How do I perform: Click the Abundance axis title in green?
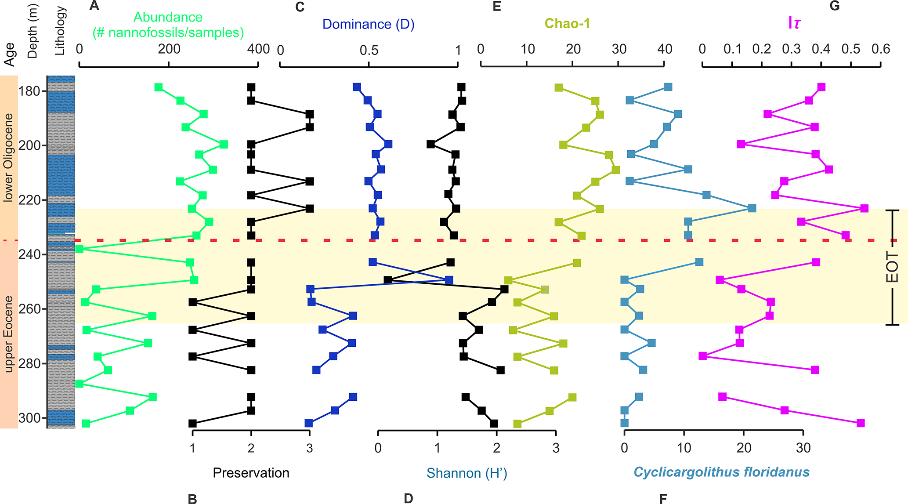click(x=168, y=25)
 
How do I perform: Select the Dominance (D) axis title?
click(x=368, y=24)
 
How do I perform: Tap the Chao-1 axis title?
click(x=567, y=23)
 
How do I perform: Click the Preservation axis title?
click(x=251, y=473)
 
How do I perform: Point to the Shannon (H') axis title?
click(x=467, y=473)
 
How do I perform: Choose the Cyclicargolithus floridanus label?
click(x=721, y=472)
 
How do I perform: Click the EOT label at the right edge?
click(x=892, y=267)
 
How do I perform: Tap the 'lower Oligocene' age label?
click(x=8, y=158)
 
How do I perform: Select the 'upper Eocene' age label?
click(x=8, y=334)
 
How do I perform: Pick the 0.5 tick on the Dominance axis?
click(x=369, y=51)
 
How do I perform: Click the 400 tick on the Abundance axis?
click(x=258, y=49)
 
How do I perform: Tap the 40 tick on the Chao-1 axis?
click(x=664, y=49)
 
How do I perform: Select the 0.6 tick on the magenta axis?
click(x=881, y=49)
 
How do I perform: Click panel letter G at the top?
click(x=835, y=6)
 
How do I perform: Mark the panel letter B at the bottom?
click(x=192, y=499)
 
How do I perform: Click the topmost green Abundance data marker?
click(x=159, y=87)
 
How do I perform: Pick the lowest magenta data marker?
click(x=861, y=423)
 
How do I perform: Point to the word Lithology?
click(x=60, y=31)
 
